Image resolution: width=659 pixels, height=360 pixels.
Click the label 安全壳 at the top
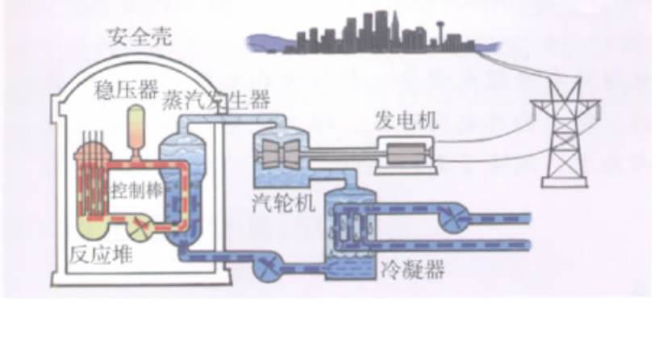[x=139, y=37]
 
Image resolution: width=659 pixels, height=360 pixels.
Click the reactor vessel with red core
[x=88, y=186]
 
